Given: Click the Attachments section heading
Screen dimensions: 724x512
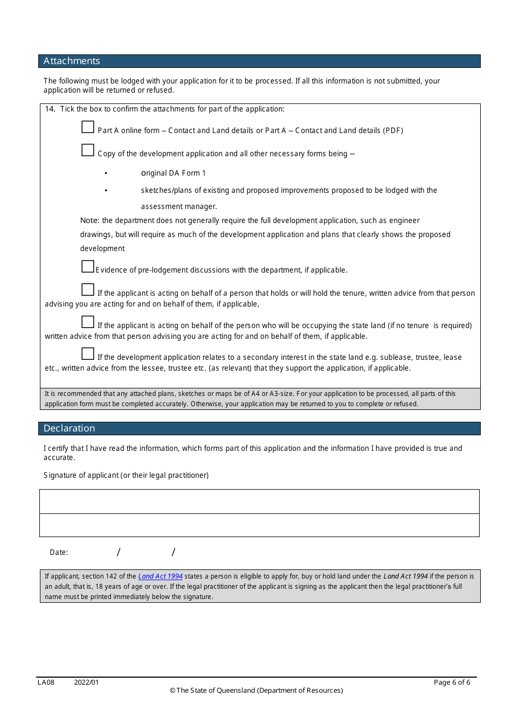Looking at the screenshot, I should coord(72,61).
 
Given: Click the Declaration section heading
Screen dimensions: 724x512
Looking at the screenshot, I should coord(69,428).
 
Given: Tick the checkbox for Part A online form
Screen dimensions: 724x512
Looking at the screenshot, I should coord(88,127).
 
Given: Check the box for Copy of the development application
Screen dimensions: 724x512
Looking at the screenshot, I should coord(88,150).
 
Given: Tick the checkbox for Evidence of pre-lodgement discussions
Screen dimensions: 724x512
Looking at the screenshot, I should coord(88,267).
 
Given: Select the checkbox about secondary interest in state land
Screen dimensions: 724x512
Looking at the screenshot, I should coord(88,354).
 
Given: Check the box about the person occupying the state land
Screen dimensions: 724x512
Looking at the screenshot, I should coord(88,322).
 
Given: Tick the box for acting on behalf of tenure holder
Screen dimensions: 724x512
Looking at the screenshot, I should coord(88,290).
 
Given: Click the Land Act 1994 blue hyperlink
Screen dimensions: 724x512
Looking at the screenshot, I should coord(160,576).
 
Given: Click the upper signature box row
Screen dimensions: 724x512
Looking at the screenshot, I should coord(259,502).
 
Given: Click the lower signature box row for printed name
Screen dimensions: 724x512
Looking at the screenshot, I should coord(259,525).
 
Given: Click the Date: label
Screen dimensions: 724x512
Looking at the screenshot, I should coord(59,552).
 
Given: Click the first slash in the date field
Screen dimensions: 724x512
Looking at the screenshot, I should coord(119,552).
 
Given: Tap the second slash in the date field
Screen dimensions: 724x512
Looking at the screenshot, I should coord(174,552).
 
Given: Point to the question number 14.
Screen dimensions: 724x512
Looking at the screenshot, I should coord(50,109).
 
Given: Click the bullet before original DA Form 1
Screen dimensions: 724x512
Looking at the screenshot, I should coord(106,173).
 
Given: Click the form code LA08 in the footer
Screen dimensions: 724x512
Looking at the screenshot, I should coord(46,683).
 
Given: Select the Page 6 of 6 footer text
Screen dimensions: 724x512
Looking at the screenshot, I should coord(452,683).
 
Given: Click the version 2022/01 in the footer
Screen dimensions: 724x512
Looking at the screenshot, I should coord(86,683).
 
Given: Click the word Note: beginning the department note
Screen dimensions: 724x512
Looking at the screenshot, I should coord(89,220).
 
